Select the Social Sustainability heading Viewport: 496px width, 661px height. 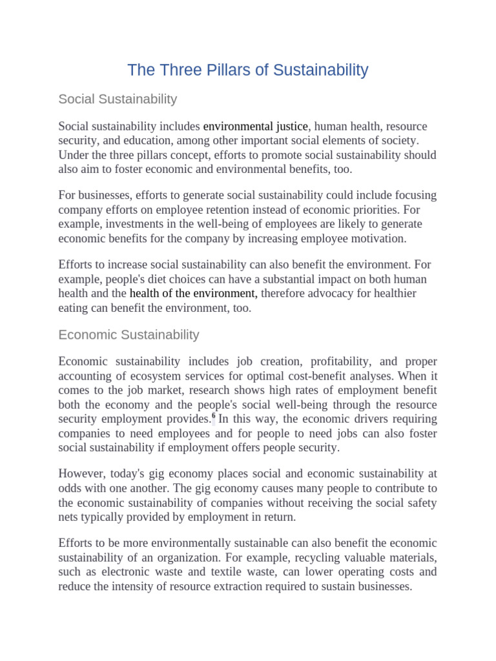pos(117,99)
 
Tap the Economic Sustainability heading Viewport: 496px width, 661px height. pos(129,334)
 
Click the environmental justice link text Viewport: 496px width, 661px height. pos(256,126)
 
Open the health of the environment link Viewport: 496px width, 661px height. pos(193,294)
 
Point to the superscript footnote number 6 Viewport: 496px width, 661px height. pos(214,417)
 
